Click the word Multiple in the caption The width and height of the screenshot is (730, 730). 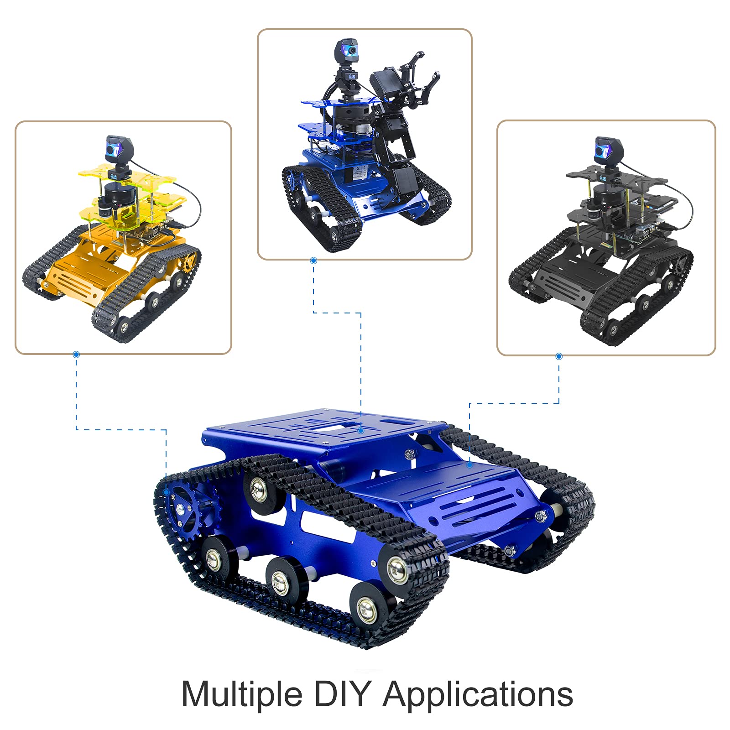[x=242, y=695]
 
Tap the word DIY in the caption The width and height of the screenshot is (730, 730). [x=342, y=693]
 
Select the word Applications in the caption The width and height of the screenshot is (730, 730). [x=478, y=695]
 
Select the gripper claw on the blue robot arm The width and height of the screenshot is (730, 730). [x=417, y=82]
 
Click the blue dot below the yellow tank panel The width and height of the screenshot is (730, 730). [x=76, y=355]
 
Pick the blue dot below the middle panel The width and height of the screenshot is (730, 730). [x=313, y=261]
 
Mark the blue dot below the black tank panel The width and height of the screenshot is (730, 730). [x=559, y=356]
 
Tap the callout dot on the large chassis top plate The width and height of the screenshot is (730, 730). [x=361, y=430]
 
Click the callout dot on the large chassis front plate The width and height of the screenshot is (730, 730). [x=469, y=465]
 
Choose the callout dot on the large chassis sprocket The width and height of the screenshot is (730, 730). [x=167, y=492]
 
